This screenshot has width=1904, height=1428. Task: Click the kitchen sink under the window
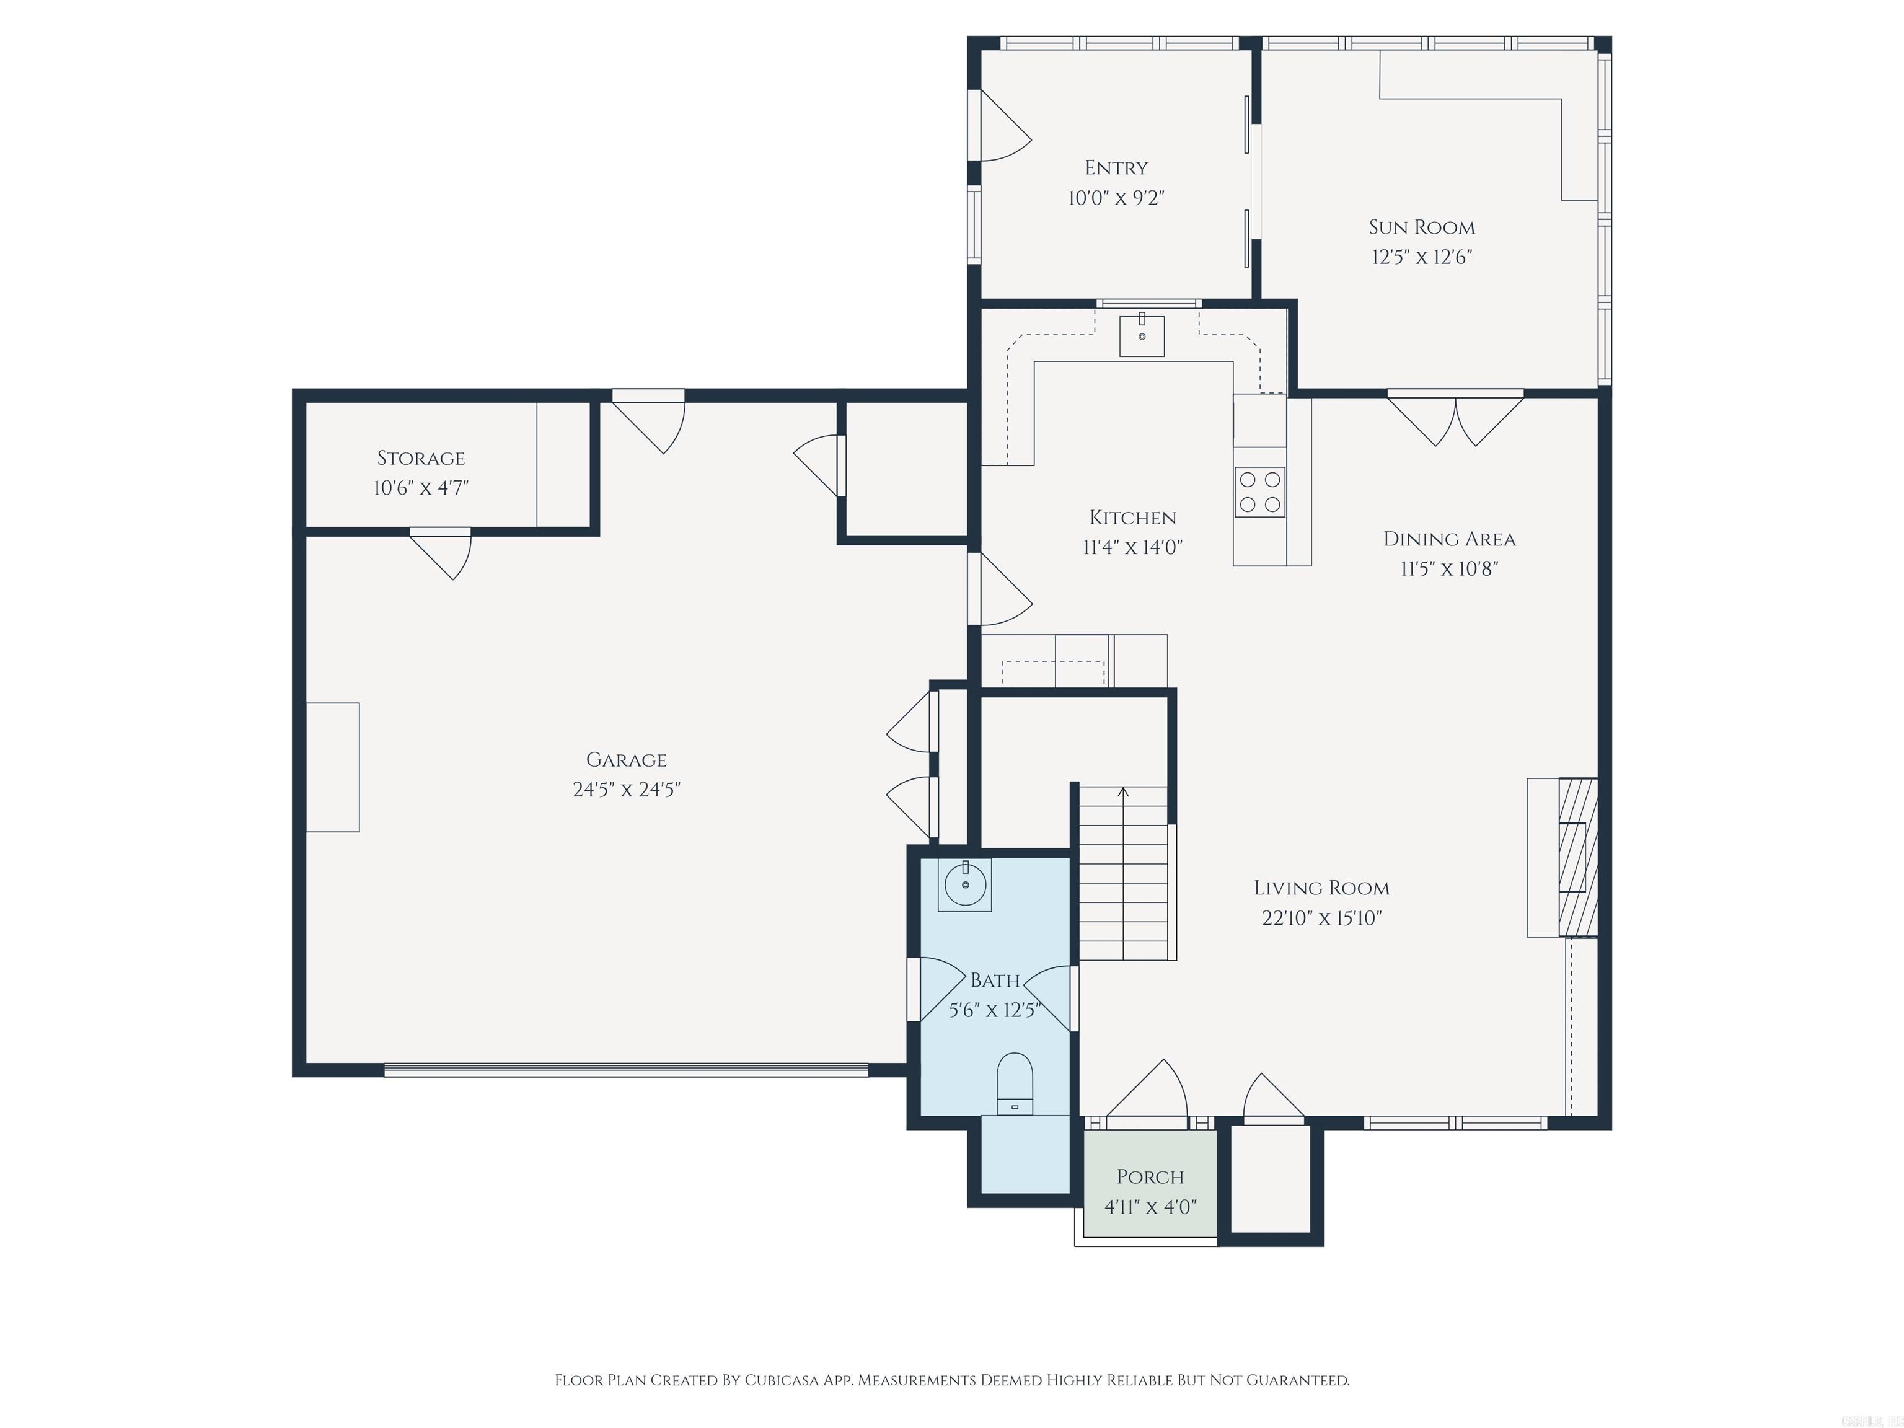tap(1142, 336)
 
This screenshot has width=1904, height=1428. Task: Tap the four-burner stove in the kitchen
tap(1259, 491)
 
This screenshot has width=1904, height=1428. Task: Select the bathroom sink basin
tap(965, 884)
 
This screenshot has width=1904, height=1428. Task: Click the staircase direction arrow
tap(1122, 792)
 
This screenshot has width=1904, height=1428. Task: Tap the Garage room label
tap(626, 759)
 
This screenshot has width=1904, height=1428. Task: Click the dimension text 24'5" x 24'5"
tap(626, 790)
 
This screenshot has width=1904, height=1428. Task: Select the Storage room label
tap(421, 458)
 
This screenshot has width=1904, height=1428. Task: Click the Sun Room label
tap(1421, 227)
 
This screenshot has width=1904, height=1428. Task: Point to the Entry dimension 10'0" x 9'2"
tap(1116, 198)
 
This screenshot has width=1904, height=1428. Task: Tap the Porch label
tap(1150, 1176)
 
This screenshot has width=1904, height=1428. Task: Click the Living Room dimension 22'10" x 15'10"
tap(1321, 917)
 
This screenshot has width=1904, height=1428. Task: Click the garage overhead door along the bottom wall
tap(626, 1070)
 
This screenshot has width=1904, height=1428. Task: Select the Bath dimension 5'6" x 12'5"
tap(995, 1010)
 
